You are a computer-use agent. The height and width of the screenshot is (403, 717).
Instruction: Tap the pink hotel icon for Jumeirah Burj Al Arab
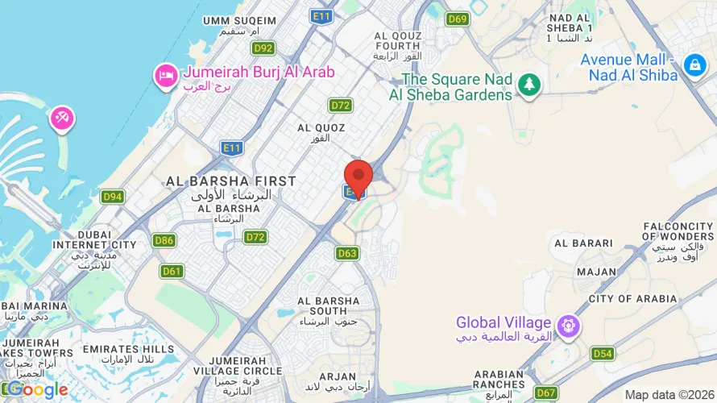pos(166,75)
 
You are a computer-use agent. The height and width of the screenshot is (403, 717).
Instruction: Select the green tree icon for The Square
pos(528,84)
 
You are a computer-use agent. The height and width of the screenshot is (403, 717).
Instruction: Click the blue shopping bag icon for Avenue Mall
pos(694,64)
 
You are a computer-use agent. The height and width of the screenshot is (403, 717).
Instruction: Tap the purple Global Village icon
pos(569,326)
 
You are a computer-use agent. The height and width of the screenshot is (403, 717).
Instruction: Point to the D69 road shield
pos(458,19)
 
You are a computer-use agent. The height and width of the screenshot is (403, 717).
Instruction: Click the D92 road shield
pos(263,48)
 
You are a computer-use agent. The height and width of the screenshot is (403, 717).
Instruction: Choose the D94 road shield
pos(113,197)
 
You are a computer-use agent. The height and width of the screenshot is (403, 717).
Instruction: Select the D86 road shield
pos(164,240)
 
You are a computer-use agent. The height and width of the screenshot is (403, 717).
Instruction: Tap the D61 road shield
pos(172,271)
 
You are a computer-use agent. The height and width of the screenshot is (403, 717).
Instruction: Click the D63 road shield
pos(347,254)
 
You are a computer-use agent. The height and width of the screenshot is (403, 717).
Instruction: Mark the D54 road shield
pos(602,354)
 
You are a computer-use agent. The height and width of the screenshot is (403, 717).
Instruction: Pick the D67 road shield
pos(546,393)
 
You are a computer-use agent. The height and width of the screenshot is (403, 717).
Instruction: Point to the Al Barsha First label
pos(230,181)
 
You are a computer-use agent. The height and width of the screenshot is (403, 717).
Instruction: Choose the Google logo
pos(37,390)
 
